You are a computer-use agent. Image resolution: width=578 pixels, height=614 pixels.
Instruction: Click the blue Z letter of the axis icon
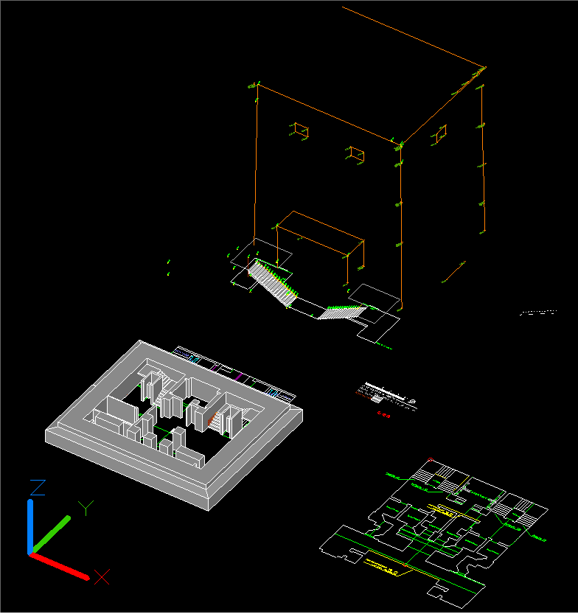coord(38,487)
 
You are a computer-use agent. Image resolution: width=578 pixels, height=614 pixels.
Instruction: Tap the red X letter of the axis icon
coord(102,576)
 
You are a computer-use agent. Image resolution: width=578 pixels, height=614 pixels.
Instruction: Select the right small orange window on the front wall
coord(356,153)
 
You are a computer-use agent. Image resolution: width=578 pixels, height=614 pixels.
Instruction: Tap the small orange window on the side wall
coord(439,133)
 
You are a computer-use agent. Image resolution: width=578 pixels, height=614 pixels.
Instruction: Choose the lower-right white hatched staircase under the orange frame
coord(341,313)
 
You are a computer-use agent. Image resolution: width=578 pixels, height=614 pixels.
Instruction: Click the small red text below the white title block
coord(383,414)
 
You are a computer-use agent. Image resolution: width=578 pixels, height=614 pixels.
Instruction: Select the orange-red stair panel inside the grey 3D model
coord(214,420)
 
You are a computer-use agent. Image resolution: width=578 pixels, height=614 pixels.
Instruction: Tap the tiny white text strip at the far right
coord(537,313)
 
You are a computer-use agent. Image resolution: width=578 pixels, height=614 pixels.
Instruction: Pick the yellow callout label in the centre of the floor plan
coord(444,510)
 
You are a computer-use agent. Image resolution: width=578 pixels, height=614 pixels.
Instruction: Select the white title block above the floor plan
coord(385,394)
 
